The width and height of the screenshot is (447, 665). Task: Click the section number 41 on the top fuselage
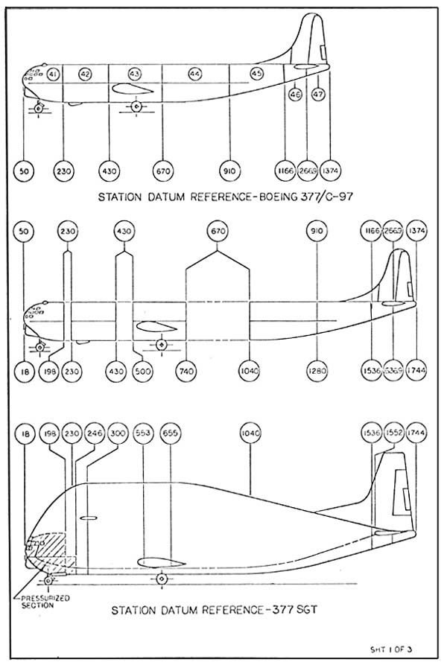[x=52, y=74]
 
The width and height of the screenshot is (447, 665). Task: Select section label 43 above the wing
[x=135, y=74]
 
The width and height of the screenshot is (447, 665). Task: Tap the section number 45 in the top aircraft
[x=256, y=74]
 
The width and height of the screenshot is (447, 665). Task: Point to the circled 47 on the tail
[x=318, y=95]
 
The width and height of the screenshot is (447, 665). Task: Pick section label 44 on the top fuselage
[x=195, y=74]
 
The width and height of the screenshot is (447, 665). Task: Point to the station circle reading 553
[x=145, y=433]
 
